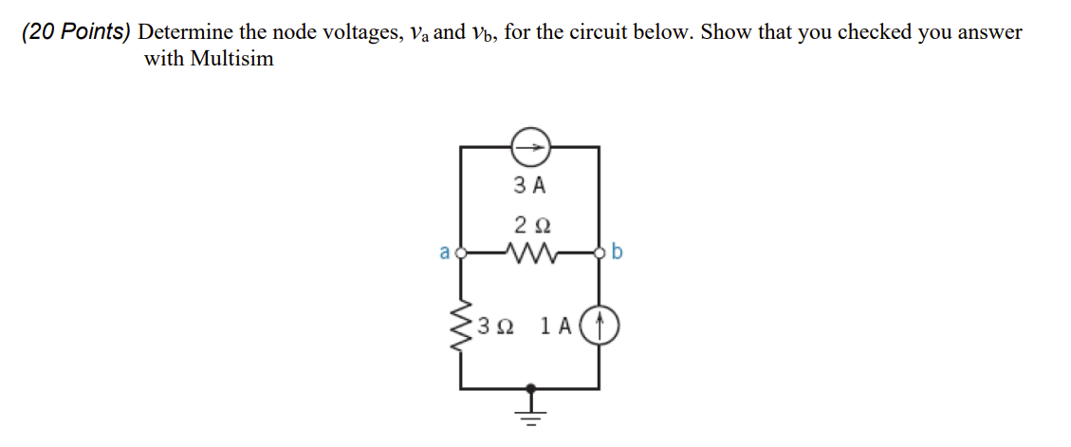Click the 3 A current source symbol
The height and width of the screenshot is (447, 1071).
point(529,147)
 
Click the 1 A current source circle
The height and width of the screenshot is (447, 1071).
point(599,326)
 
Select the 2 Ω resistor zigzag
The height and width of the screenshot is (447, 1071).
point(529,253)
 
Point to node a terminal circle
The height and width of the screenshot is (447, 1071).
point(462,253)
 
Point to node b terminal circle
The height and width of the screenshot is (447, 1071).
point(599,253)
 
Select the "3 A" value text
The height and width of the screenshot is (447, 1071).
point(529,186)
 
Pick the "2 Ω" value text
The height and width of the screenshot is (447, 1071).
point(529,226)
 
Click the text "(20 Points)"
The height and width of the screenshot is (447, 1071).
point(77,31)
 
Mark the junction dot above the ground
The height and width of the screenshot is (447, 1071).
point(530,388)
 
